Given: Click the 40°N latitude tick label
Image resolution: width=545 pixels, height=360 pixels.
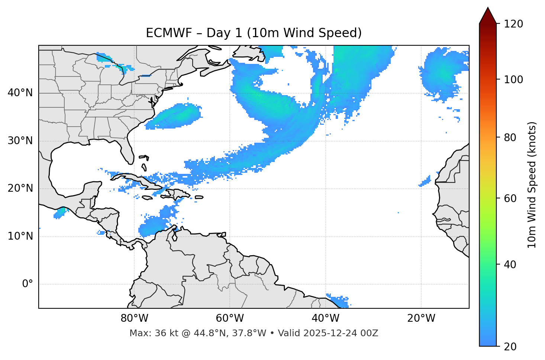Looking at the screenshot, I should [20, 93].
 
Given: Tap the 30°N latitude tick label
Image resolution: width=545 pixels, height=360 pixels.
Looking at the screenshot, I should [20, 141].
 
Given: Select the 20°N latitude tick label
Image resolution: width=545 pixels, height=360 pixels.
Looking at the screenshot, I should [20, 188].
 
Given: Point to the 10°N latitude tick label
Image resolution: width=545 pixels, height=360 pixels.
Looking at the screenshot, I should [20, 236].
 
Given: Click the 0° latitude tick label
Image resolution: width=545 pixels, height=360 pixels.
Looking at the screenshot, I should [28, 284].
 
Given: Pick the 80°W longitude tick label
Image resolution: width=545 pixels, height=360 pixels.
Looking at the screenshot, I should [134, 318].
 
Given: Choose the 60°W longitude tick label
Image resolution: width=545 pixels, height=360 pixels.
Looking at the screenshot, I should [230, 318].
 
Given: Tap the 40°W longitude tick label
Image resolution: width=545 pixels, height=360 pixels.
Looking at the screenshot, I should [325, 318].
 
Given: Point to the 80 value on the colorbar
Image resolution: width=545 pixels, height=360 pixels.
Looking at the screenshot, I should [510, 137].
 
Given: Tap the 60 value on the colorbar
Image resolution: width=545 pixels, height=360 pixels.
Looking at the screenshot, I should [510, 198].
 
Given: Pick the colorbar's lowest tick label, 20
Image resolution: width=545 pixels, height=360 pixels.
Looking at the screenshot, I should [510, 347].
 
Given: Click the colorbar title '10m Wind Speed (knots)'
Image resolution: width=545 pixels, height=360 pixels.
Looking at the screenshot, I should [532, 185].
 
